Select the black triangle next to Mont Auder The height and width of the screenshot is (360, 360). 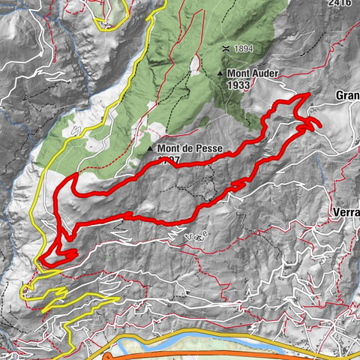pos(220,73)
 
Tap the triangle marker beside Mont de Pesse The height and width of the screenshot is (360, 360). pos(151,148)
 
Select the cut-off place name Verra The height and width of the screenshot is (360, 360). pos(344,212)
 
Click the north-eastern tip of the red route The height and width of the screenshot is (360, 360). pos(308,94)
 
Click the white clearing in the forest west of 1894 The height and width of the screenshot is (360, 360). pos(196,65)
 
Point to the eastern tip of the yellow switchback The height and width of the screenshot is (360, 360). pos(117,298)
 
